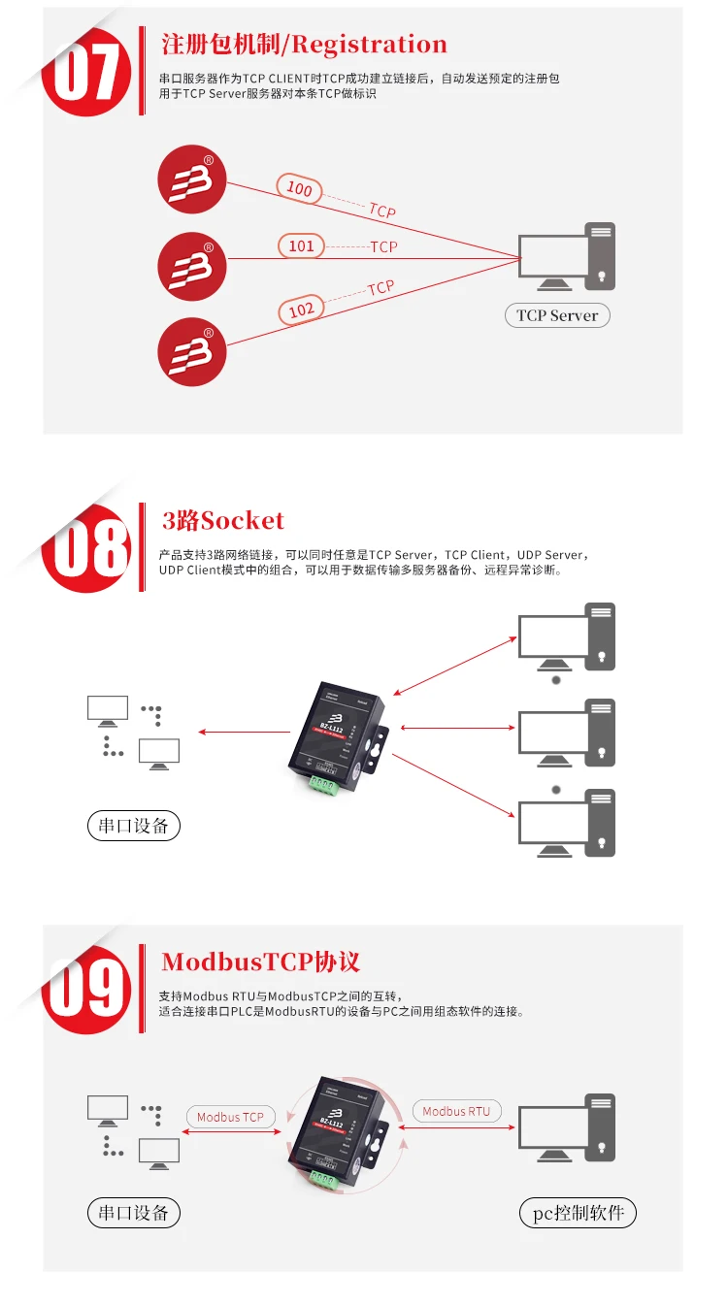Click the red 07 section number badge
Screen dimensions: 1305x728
[x=87, y=73]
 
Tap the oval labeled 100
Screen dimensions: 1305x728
[x=300, y=188]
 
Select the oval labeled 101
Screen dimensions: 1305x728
[x=302, y=246]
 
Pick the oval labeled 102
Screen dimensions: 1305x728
[x=302, y=310]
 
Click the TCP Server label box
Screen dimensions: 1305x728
[x=557, y=315]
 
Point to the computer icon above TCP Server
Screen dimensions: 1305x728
[x=567, y=257]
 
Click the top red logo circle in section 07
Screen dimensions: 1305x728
[x=192, y=179]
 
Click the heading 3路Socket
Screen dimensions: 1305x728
[x=223, y=521]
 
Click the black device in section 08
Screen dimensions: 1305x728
[x=340, y=737]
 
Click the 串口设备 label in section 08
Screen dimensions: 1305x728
[x=134, y=826]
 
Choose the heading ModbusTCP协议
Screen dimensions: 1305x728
[x=261, y=962]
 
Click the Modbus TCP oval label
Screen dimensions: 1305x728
[x=230, y=1117]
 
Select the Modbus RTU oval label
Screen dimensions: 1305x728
[x=456, y=1111]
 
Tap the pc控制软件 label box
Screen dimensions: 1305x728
[x=579, y=1213]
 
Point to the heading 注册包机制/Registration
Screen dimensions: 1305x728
[x=304, y=45]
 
